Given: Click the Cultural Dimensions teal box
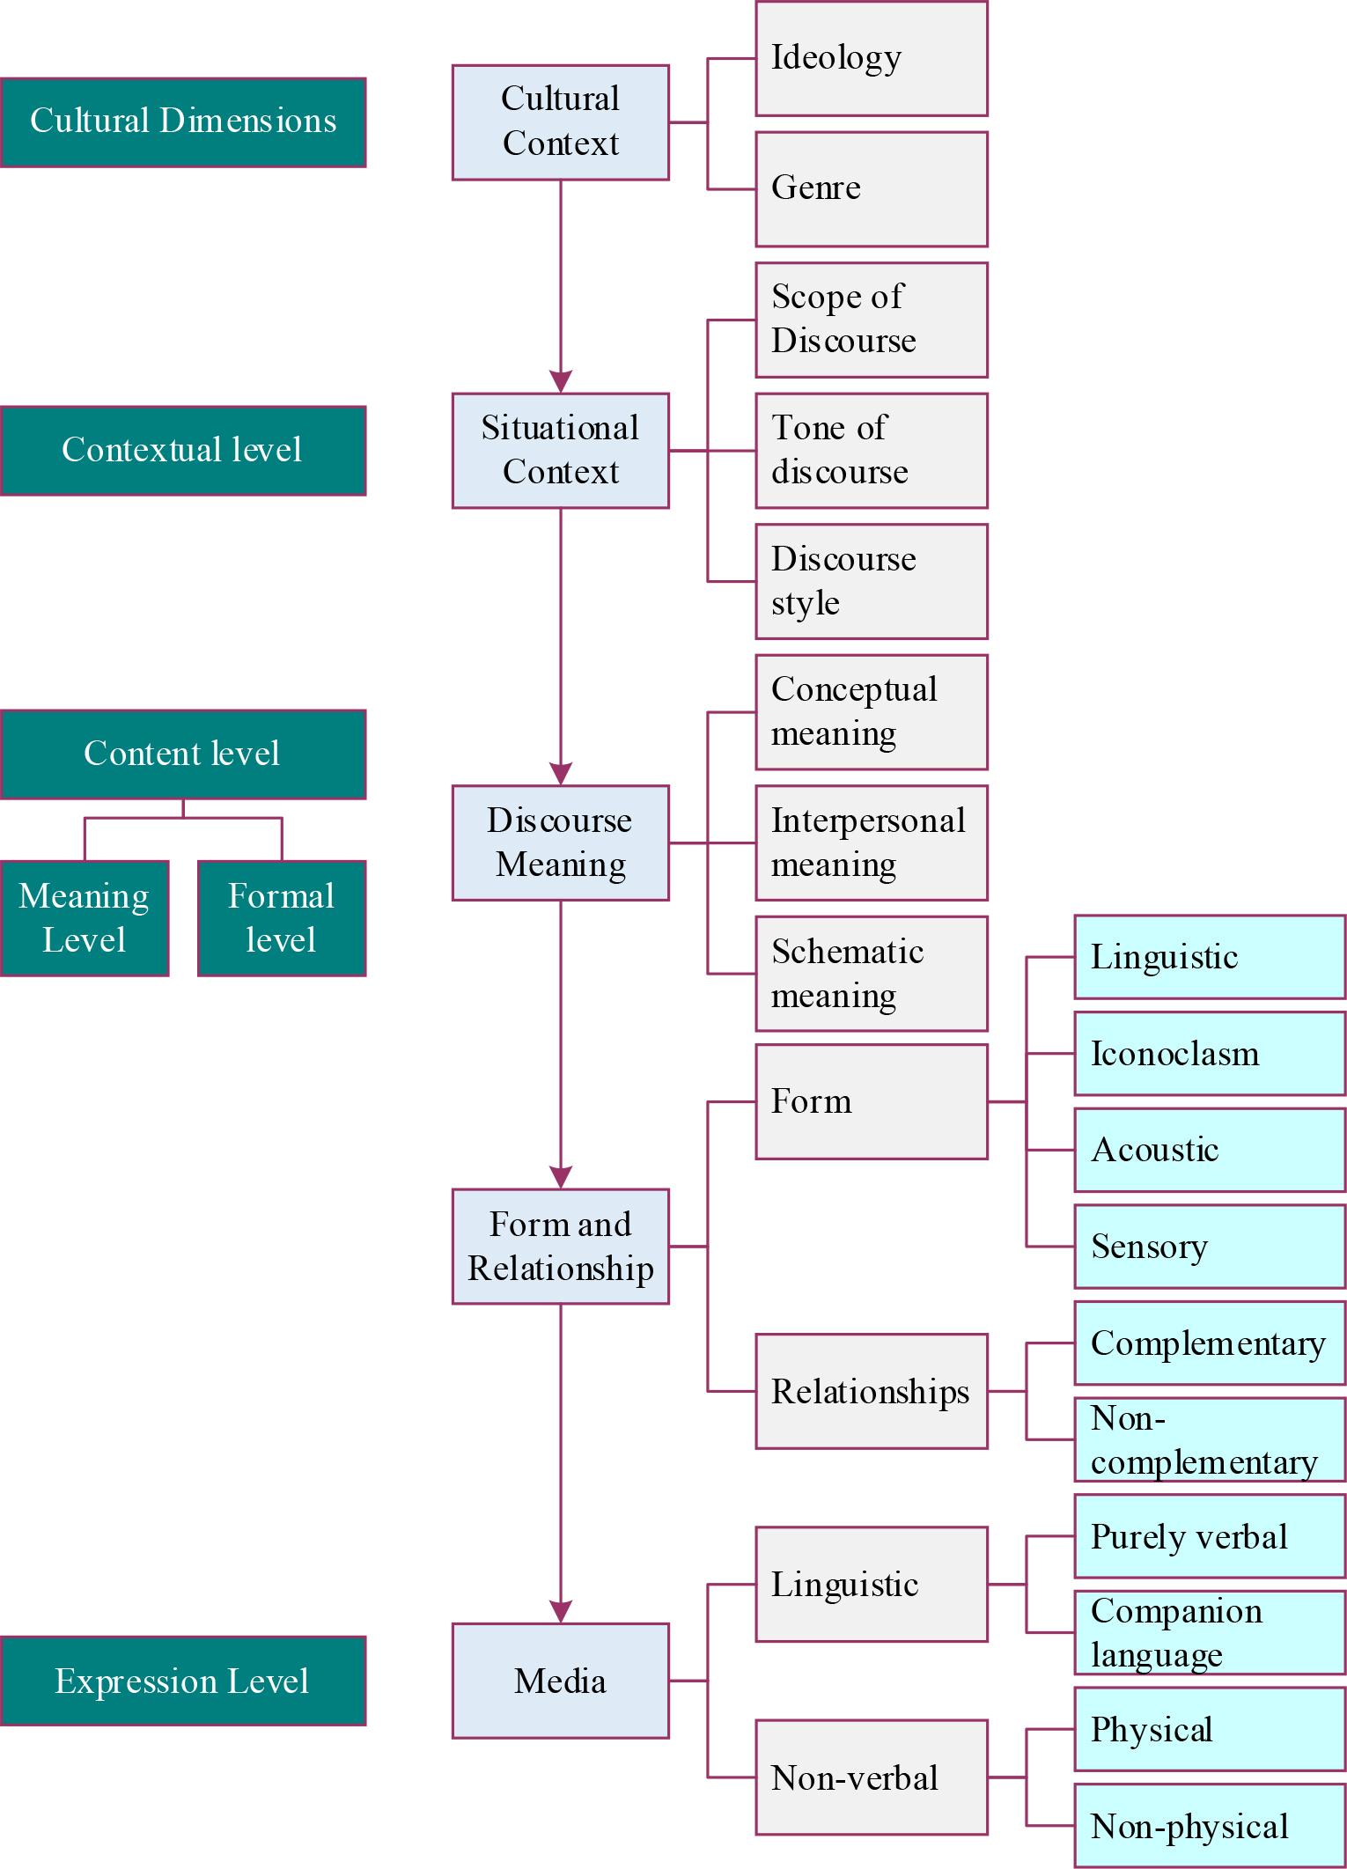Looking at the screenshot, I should [183, 122].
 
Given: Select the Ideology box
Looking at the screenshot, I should [871, 59].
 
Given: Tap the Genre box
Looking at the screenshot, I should [871, 189].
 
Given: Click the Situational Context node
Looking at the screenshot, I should [560, 451].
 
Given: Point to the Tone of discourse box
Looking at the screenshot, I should [871, 451].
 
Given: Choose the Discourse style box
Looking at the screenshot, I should [871, 581].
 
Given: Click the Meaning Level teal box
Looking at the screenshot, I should [85, 918].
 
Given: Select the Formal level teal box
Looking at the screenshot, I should [281, 918].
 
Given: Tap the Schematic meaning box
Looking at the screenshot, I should [871, 974].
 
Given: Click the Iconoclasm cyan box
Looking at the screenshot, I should [1209, 1054].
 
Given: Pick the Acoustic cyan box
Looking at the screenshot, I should [1209, 1150].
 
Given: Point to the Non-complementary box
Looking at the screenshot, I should [1209, 1440].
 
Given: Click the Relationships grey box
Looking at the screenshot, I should [871, 1392].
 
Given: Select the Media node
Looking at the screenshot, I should [560, 1681].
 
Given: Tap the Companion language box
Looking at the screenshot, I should [1209, 1633].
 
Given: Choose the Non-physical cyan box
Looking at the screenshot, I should [1209, 1826].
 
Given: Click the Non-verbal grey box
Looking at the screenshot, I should [871, 1777].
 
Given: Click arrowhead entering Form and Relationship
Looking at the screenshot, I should [561, 1177].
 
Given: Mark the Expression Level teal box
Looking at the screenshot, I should [183, 1681].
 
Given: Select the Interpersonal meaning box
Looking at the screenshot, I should [871, 843].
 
